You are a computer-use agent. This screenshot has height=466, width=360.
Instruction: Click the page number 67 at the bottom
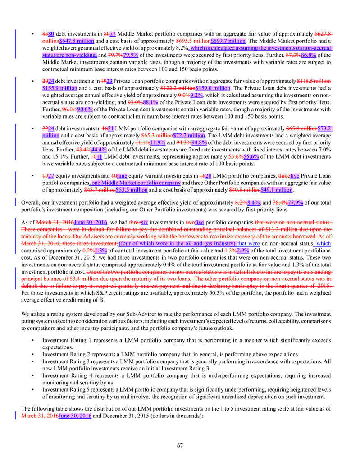coord(180,446)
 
